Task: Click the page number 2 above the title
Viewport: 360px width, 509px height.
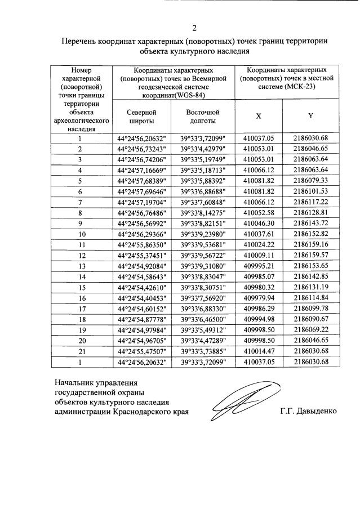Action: pos(194,28)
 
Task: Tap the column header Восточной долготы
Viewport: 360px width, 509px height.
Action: pos(202,116)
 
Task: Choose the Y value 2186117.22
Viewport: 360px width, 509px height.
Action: pos(310,202)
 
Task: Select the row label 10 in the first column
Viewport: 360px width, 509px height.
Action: pos(81,234)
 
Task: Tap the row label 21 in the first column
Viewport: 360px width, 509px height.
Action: pos(81,351)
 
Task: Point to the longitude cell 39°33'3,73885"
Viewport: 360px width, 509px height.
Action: pos(202,351)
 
